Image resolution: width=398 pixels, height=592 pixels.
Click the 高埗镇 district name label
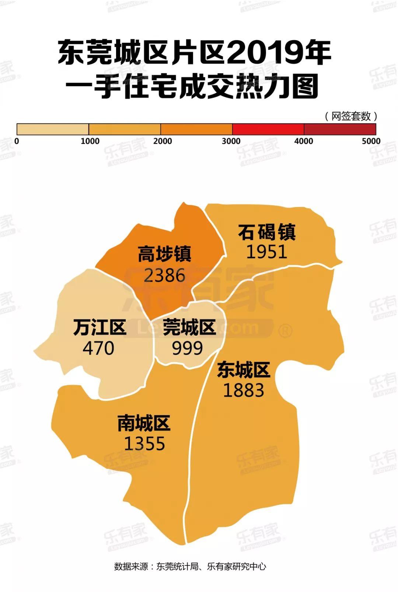164,254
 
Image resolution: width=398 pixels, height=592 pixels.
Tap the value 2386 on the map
164,275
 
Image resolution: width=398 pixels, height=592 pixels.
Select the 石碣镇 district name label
266,232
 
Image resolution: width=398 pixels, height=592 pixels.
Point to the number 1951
266,252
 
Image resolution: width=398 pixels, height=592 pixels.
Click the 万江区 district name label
99,327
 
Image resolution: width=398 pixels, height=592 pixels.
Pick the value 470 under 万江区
98,348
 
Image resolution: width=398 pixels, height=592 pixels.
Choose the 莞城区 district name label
189,327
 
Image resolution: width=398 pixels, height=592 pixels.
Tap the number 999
188,348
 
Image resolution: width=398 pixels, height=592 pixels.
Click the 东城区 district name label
244,370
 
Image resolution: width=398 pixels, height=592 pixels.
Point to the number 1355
144,444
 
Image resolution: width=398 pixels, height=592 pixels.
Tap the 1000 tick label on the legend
90,141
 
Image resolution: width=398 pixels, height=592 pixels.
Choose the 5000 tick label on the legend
371,141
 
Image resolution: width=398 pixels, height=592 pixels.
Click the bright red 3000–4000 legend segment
268,129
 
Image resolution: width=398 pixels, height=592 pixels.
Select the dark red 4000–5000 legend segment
340,129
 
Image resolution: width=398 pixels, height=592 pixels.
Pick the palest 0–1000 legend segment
53,129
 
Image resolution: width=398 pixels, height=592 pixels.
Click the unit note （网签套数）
351,116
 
